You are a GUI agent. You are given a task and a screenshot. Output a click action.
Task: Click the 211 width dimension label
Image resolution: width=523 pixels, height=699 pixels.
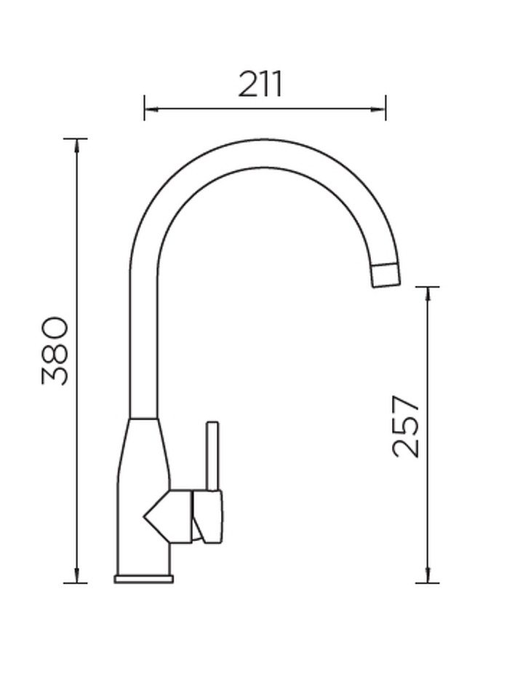260,84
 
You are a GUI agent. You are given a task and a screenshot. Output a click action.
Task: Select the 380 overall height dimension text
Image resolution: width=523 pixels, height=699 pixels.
55,350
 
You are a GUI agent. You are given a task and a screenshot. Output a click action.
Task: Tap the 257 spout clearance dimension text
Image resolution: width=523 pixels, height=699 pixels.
406,426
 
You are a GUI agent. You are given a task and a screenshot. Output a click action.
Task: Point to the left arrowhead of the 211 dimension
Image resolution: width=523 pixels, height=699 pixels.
151,108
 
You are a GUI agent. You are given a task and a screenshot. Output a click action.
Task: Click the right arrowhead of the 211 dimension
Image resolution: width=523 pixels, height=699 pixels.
379,108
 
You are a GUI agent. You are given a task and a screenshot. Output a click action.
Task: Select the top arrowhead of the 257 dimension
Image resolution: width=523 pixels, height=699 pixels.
428,293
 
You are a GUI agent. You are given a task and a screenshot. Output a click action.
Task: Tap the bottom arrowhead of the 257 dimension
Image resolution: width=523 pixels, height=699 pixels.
428,575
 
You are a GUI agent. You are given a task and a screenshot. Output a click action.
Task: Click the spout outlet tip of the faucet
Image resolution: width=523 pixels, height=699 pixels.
386,275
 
